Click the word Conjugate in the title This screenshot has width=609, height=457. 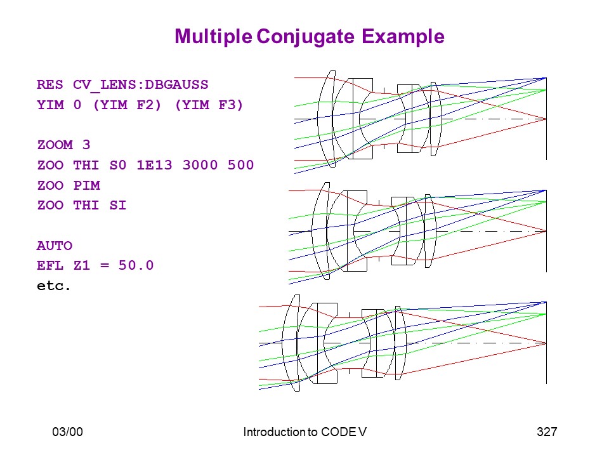click(x=305, y=37)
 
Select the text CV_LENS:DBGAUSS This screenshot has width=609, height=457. click(x=141, y=84)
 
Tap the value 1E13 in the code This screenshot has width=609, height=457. click(x=154, y=165)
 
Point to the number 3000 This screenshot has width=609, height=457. click(x=200, y=165)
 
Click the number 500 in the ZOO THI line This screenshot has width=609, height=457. click(x=241, y=165)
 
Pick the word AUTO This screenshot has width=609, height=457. click(x=55, y=246)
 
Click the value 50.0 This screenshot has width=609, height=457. click(x=136, y=265)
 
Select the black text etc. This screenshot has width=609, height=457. click(x=53, y=286)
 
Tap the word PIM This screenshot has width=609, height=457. click(x=87, y=185)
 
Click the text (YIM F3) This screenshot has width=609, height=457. click(x=209, y=105)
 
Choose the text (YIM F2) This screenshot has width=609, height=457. click(x=127, y=105)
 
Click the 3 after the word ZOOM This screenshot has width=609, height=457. click(x=86, y=145)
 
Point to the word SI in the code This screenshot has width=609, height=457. click(x=118, y=205)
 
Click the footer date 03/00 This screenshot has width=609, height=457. click(x=68, y=432)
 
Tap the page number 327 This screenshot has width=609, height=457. click(x=547, y=432)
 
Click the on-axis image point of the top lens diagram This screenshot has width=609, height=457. click(x=546, y=119)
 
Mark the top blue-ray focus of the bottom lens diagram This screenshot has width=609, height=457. click(x=546, y=302)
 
